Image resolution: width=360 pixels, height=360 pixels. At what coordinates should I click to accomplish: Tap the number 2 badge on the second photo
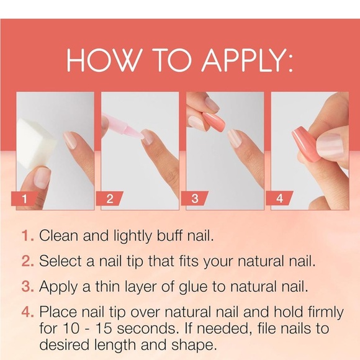tap(110, 199)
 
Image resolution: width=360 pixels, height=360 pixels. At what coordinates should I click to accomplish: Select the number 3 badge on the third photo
tap(195, 199)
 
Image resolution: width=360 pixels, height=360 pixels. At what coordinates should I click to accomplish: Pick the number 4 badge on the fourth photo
tap(280, 199)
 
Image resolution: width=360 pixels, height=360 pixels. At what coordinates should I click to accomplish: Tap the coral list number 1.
tap(27, 236)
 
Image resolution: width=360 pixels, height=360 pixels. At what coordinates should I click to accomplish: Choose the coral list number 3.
tap(27, 287)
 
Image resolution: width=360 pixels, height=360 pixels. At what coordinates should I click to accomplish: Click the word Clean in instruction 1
tap(60, 236)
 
